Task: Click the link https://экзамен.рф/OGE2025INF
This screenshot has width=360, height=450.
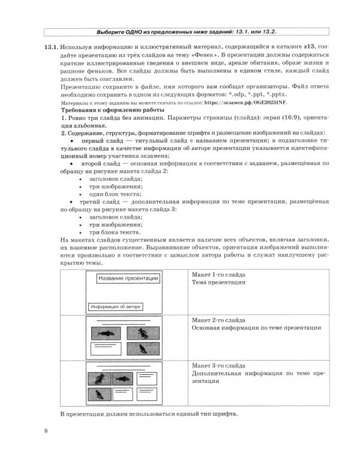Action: (241, 103)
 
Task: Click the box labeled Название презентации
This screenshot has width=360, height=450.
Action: (128, 278)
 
